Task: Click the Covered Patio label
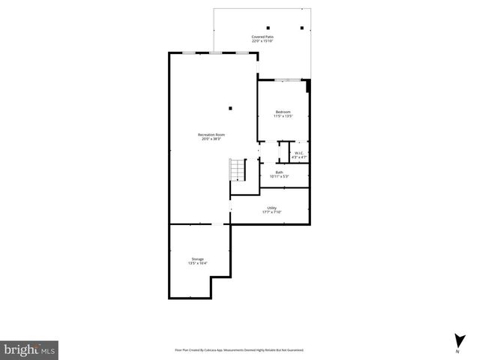[x=262, y=36]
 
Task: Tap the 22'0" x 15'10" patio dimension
[x=262, y=40]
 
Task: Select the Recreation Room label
[x=212, y=134]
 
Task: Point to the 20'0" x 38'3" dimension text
[x=212, y=139]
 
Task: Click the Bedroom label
[x=283, y=112]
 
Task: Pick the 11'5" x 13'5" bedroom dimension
[x=283, y=116]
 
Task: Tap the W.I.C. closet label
[x=298, y=153]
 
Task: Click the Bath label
[x=279, y=172]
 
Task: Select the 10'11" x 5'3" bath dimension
[x=279, y=176]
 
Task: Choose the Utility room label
[x=271, y=208]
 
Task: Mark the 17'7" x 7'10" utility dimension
[x=271, y=212]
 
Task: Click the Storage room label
[x=198, y=259]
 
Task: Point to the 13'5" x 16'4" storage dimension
[x=198, y=263]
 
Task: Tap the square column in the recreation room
[x=230, y=108]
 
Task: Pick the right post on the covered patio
[x=301, y=28]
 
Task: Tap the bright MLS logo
[x=29, y=349]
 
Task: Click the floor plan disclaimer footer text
[x=239, y=349]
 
